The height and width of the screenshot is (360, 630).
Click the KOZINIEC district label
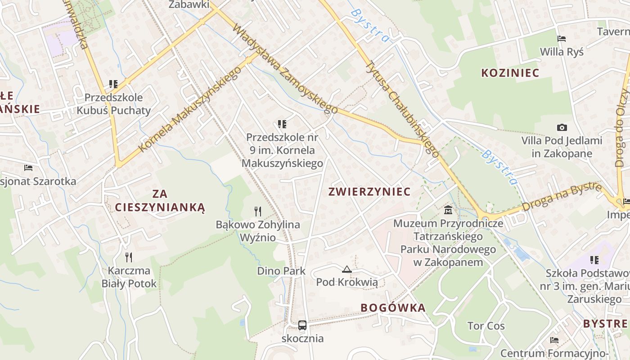[x=510, y=73]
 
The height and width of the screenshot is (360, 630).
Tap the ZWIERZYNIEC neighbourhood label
[x=369, y=192]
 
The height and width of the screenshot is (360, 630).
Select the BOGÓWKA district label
[x=393, y=308]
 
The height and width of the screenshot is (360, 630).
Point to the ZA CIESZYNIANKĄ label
[x=160, y=201]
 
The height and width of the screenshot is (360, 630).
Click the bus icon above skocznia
[x=302, y=325]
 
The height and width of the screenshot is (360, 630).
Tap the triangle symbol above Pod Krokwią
[x=346, y=270]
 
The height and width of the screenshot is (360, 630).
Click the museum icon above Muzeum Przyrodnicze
[x=448, y=210]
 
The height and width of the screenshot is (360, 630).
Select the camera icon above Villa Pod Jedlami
[x=562, y=128]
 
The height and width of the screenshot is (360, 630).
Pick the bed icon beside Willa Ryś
[x=561, y=39]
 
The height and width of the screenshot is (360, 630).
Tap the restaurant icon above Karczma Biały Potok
[x=129, y=257]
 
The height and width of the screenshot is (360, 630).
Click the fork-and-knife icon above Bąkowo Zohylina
[x=257, y=211]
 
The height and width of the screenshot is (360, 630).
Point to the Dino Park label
[x=281, y=271]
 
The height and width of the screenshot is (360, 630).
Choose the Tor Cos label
[x=486, y=326]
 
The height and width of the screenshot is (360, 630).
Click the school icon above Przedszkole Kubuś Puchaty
[x=113, y=84]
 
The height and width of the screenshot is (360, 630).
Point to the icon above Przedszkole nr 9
[x=282, y=124]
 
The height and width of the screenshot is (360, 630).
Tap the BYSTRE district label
[x=605, y=324]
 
